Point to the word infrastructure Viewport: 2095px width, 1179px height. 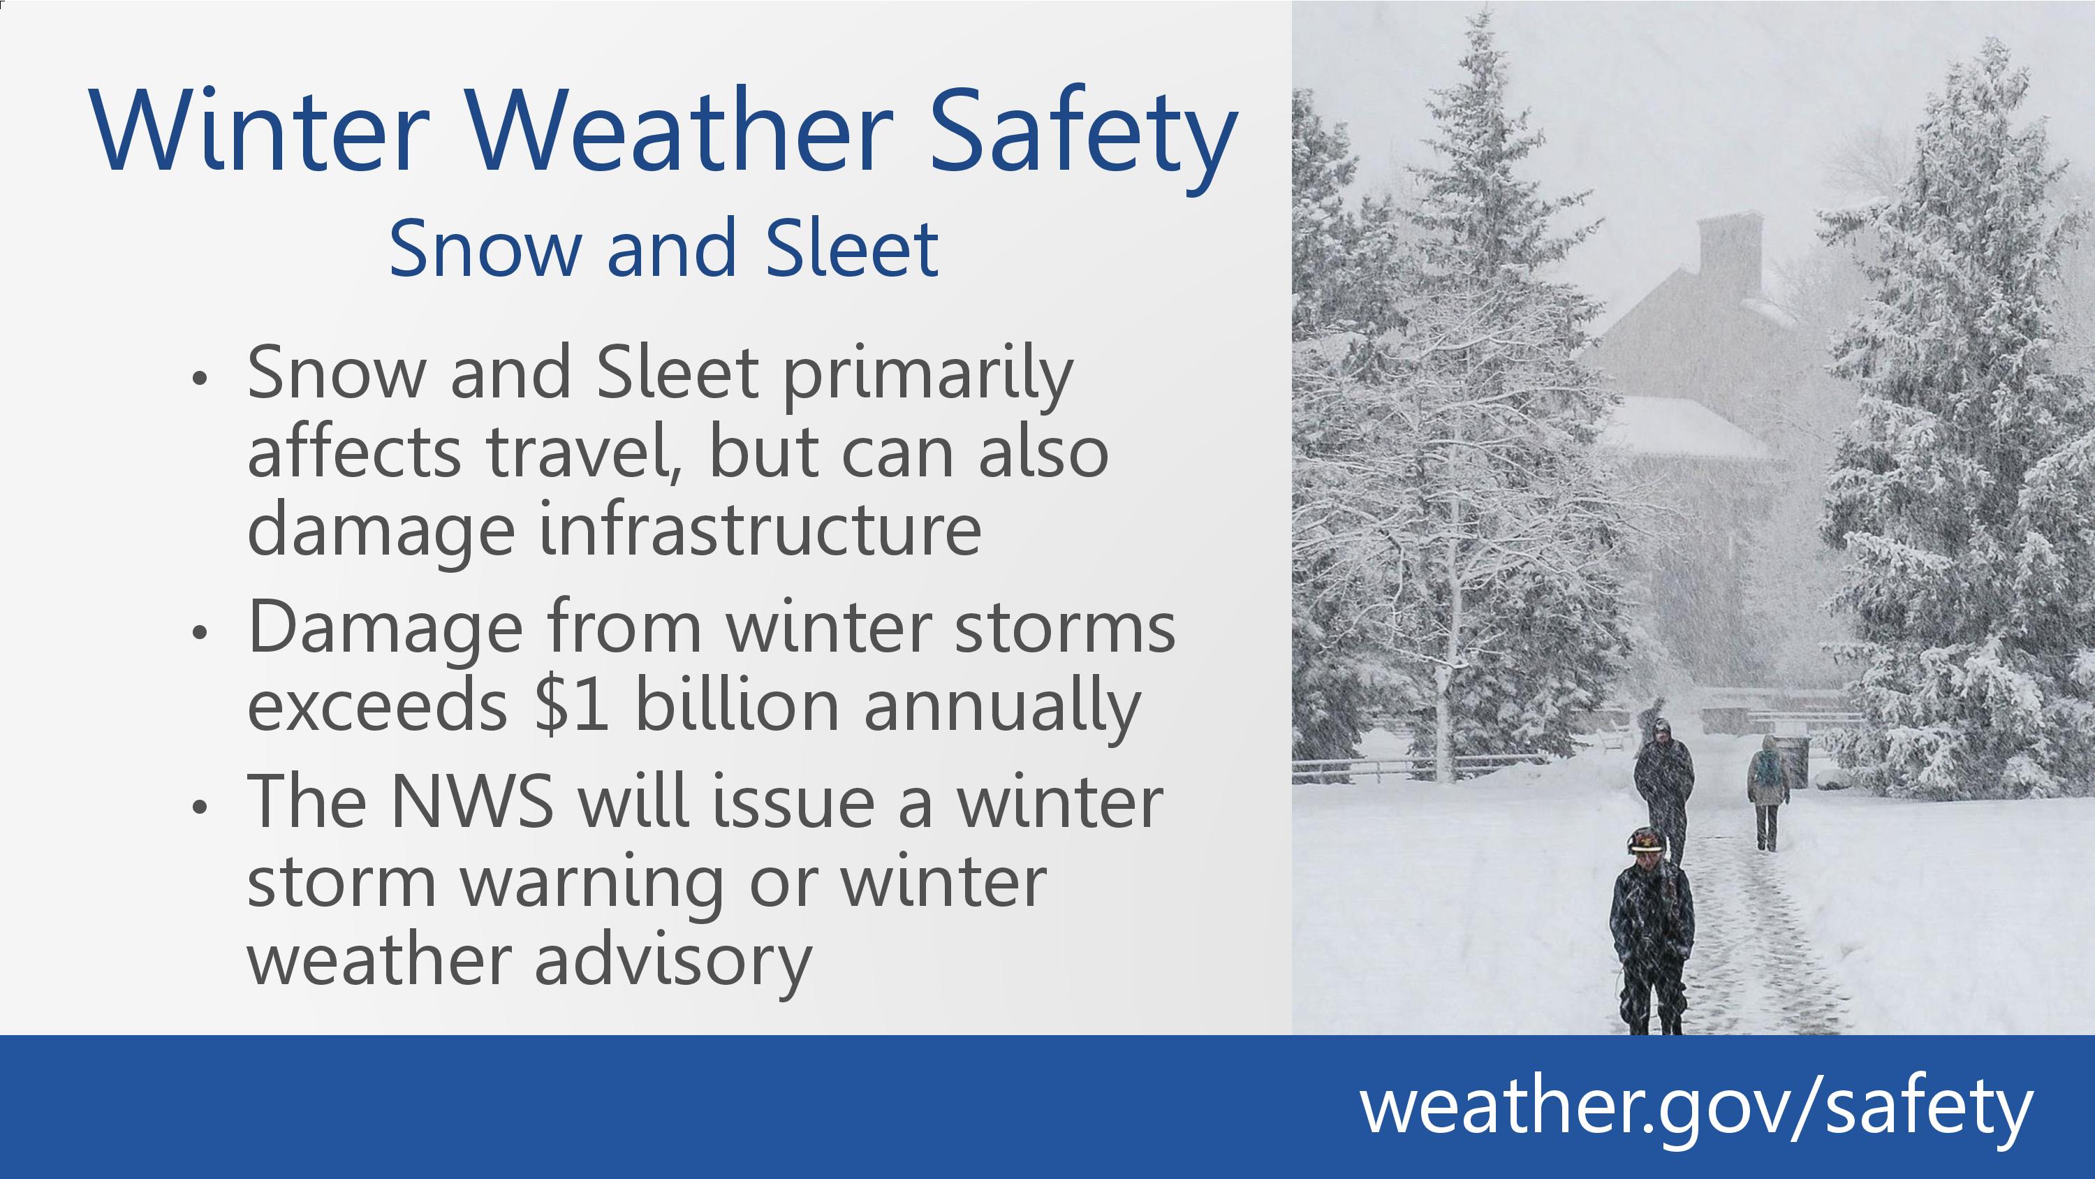pyautogui.click(x=760, y=529)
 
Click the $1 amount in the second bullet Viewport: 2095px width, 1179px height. pyautogui.click(x=572, y=705)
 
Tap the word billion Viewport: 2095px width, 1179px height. pyautogui.click(x=736, y=703)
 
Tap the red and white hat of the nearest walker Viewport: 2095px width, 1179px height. pyautogui.click(x=1646, y=840)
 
